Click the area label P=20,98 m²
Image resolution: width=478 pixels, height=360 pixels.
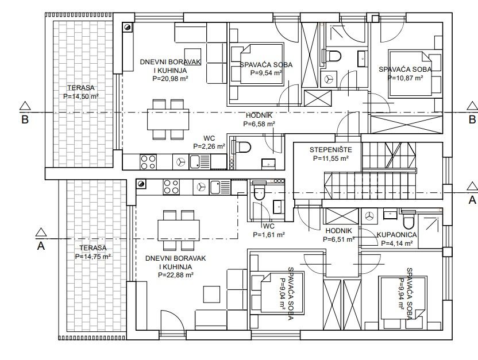pos(170,79)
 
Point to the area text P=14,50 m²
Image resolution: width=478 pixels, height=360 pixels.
pos(81,96)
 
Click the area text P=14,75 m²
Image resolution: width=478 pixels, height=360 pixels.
pos(93,257)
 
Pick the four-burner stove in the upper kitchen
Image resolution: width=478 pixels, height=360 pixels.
pos(148,162)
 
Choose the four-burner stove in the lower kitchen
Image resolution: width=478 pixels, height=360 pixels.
pos(171,187)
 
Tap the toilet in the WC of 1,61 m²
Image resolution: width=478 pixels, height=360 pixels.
pos(260,192)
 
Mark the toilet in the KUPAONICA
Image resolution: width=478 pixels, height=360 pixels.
pos(409,220)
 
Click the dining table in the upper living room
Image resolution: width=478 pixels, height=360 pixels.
pos(168,119)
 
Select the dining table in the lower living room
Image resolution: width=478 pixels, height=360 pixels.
pos(179,230)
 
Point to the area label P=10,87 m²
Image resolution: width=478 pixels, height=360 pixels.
pos(405,78)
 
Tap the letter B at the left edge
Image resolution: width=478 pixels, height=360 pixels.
pos(25,119)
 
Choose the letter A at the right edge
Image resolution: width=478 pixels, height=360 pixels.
pos(472,200)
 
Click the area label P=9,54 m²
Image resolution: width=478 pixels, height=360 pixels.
pos(266,73)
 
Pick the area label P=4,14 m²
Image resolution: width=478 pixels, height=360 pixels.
pos(397,243)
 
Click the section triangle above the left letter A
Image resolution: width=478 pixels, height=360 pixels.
pos(41,233)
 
